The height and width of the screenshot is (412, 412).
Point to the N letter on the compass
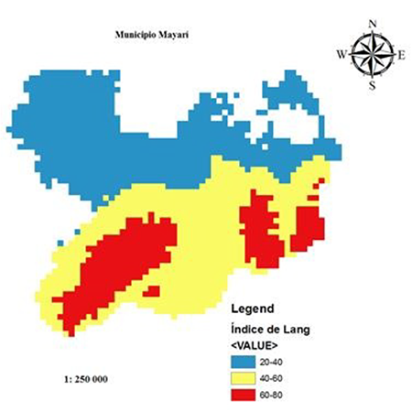pos(373,24)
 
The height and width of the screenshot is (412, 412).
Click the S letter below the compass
pos(372,86)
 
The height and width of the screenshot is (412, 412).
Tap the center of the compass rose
pos(372,54)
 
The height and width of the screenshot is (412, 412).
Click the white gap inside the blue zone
pos(320,119)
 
